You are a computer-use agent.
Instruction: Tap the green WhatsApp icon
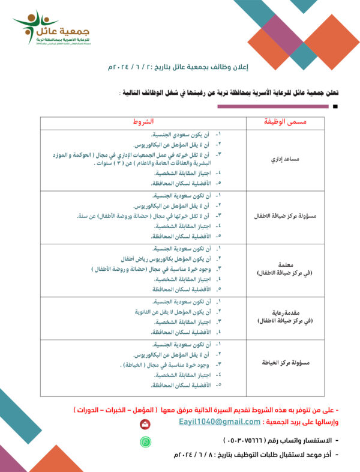(x=145, y=442)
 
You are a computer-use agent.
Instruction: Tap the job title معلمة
(x=286, y=264)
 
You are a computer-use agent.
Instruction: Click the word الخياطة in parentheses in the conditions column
(x=130, y=364)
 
